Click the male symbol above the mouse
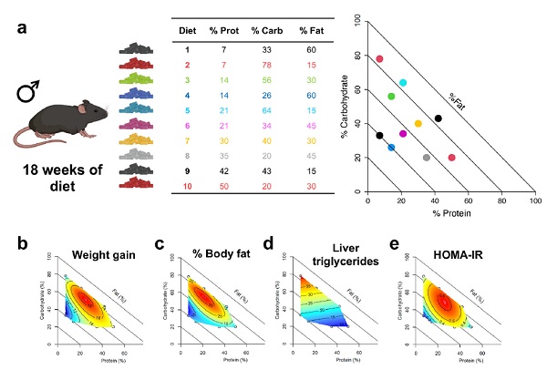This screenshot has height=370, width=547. coord(32,92)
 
